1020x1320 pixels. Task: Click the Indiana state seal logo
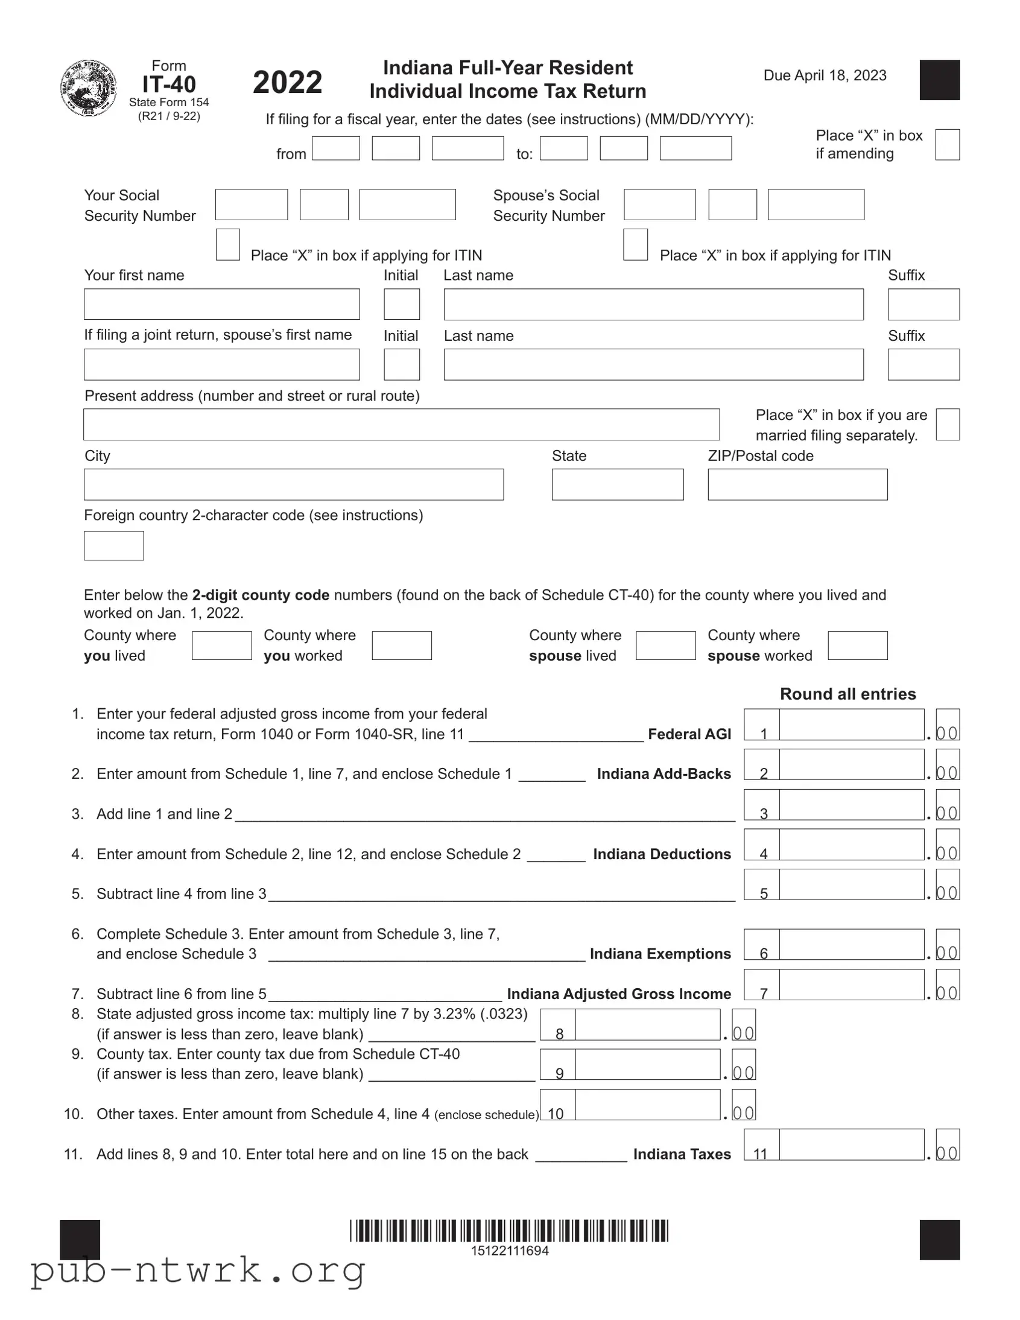point(89,88)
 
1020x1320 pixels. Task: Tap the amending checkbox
point(947,144)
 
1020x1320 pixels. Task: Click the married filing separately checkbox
point(947,424)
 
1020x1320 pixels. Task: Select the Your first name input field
point(222,304)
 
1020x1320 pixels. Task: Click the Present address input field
point(401,424)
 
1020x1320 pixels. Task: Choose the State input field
point(617,484)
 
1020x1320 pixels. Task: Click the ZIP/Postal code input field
point(797,484)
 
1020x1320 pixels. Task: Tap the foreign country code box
point(113,546)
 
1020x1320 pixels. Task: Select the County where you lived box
point(221,646)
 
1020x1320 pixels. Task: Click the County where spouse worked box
point(857,646)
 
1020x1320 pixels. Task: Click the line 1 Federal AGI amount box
point(851,725)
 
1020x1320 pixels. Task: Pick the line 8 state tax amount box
point(647,1024)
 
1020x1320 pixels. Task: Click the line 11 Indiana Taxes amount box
point(851,1144)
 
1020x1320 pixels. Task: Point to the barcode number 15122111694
point(509,1251)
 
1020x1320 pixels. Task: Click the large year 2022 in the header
point(287,82)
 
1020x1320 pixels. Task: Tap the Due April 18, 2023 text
point(825,75)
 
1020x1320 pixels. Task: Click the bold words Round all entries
point(847,694)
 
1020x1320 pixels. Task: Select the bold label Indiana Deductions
point(662,854)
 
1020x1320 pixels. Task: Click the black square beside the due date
point(939,80)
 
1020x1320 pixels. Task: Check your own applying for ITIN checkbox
point(228,245)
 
